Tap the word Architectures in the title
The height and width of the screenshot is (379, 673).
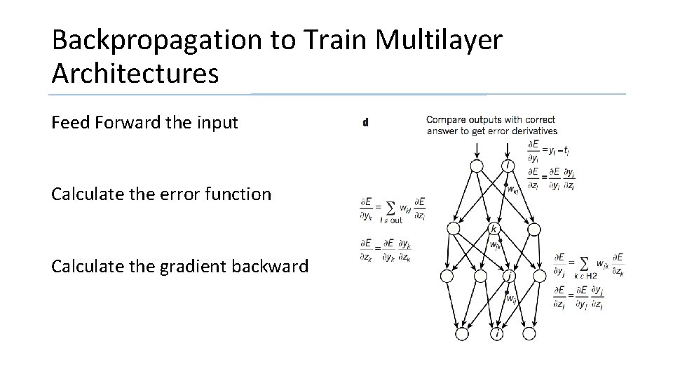click(135, 72)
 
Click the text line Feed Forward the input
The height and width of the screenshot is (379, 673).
click(145, 123)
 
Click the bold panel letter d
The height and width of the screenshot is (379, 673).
click(365, 123)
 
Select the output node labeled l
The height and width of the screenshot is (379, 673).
click(508, 166)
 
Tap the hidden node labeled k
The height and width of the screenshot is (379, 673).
click(494, 229)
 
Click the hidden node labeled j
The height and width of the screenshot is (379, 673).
click(508, 277)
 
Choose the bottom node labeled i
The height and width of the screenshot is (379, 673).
click(498, 333)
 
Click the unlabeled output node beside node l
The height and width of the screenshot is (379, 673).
click(476, 166)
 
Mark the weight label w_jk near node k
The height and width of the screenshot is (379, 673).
click(496, 245)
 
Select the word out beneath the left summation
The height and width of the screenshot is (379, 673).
click(395, 220)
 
